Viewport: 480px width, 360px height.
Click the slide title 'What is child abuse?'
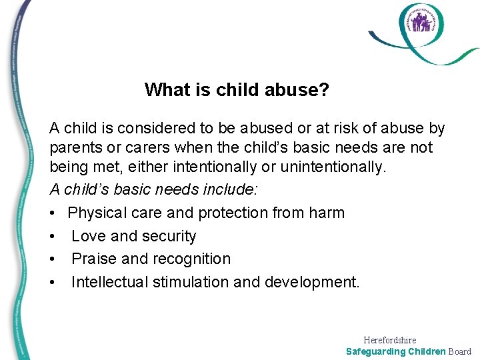[237, 89]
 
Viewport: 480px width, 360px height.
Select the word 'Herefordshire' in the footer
[389, 340]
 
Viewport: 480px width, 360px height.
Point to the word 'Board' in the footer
[459, 351]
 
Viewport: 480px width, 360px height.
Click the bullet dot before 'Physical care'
[53, 213]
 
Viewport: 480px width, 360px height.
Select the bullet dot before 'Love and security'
[53, 237]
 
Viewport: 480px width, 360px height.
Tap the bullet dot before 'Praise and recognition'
[53, 259]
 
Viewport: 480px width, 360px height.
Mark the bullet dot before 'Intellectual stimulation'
[53, 282]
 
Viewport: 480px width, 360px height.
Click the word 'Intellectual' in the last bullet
[110, 282]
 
